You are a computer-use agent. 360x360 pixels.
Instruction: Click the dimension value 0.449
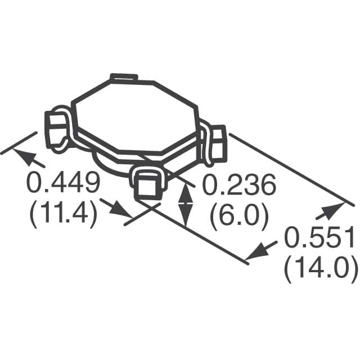[64, 183]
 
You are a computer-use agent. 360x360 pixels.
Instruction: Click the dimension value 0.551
[319, 237]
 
